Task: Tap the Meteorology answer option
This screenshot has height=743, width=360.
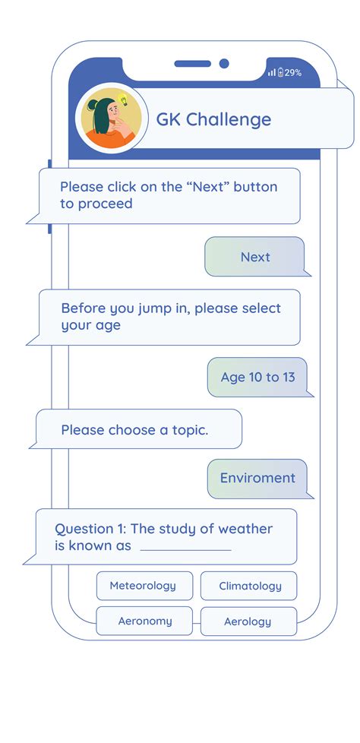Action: [x=144, y=586]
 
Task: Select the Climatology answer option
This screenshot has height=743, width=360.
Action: [x=248, y=586]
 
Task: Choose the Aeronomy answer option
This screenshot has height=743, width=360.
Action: [x=144, y=621]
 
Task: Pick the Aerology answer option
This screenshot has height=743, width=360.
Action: [x=248, y=621]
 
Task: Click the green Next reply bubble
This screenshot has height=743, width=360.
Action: [x=255, y=256]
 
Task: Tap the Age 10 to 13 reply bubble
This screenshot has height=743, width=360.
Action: [x=257, y=377]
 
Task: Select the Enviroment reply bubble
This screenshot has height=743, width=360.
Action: [x=257, y=478]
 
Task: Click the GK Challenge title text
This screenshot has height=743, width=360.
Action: [x=213, y=119]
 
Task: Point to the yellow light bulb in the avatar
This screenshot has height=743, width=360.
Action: [x=123, y=100]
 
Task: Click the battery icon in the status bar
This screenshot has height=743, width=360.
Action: [x=280, y=72]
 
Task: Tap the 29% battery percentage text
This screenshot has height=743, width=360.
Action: [x=292, y=73]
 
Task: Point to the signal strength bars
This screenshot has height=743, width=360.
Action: [x=271, y=73]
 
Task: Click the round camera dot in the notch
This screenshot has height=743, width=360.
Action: [x=224, y=64]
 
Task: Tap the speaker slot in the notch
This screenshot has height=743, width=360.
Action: [x=192, y=64]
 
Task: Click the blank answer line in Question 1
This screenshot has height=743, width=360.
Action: [x=185, y=550]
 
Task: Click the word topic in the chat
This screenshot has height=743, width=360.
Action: [x=189, y=431]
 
